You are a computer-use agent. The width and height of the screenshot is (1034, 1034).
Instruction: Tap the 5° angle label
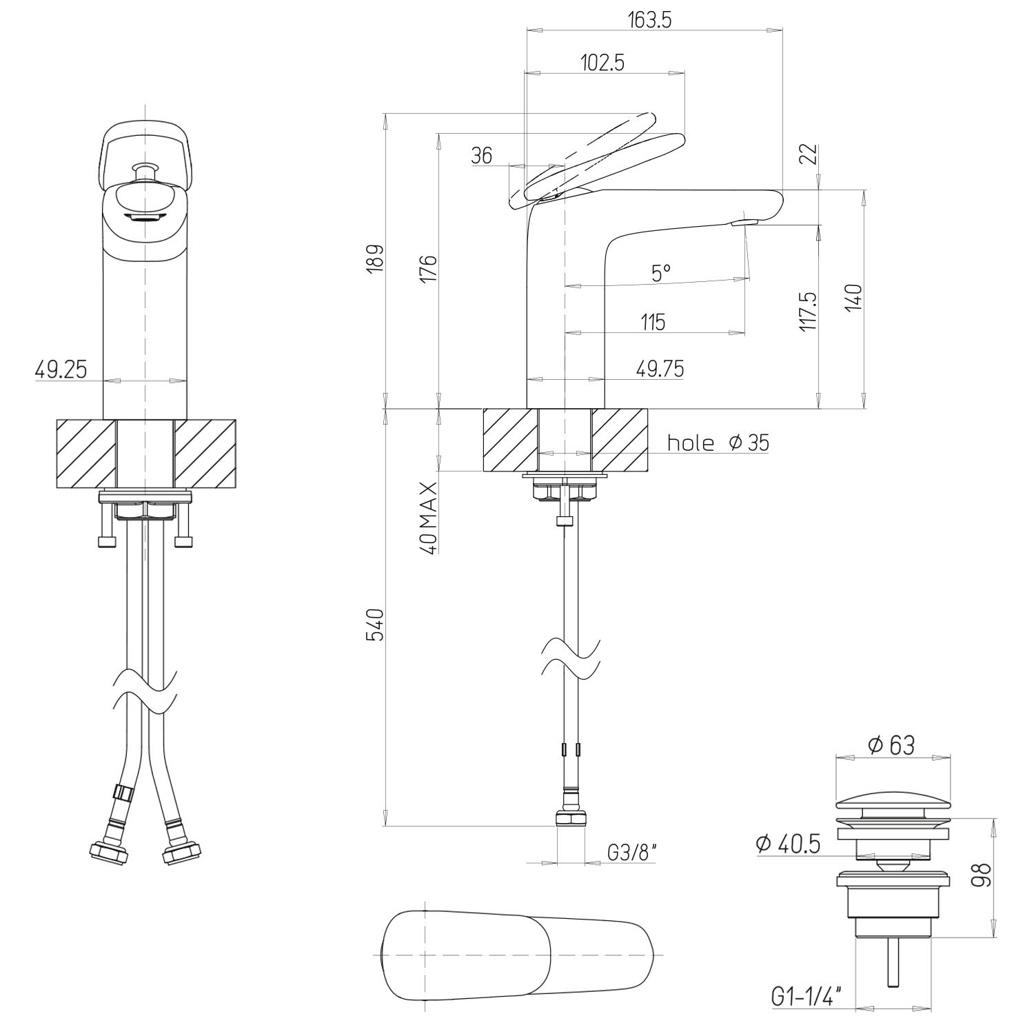[x=660, y=274]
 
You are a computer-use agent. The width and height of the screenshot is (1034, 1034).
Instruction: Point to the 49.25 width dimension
[x=61, y=370]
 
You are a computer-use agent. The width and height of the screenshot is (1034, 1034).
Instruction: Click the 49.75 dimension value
[x=660, y=369]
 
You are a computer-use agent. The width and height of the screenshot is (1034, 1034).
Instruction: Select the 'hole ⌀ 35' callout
[x=718, y=442]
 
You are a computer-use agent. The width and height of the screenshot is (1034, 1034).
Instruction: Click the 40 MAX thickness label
[x=428, y=518]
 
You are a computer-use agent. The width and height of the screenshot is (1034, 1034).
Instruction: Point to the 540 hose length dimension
[x=374, y=625]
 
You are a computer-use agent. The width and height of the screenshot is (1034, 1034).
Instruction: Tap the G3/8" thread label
[x=631, y=853]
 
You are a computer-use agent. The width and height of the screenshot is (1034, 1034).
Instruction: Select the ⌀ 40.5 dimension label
[x=788, y=843]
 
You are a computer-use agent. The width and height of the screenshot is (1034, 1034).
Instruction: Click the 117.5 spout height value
[x=809, y=311]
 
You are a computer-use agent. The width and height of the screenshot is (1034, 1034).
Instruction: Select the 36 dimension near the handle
[x=483, y=156]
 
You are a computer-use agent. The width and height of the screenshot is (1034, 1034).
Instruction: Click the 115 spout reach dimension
[x=653, y=321]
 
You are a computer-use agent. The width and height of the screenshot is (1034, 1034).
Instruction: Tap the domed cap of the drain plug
[x=895, y=804]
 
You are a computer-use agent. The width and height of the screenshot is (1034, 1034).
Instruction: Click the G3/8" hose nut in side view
[x=571, y=819]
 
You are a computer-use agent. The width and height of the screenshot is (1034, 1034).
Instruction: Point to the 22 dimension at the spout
[x=810, y=154]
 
